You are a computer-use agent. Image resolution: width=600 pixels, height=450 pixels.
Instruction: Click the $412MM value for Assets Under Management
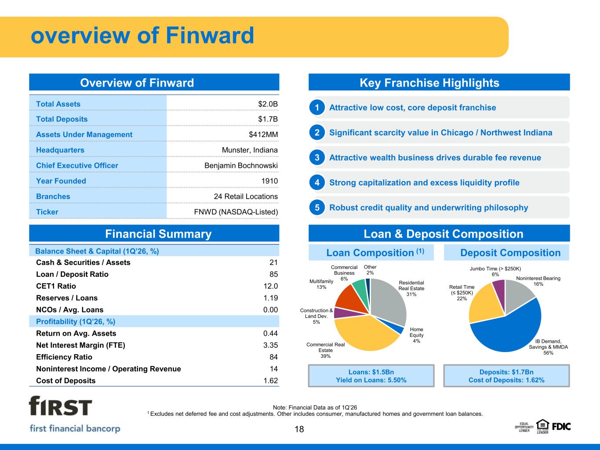(x=263, y=134)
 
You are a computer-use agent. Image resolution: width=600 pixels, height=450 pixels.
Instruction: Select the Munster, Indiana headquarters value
(x=250, y=150)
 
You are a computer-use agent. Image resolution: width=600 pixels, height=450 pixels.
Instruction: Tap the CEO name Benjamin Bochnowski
(x=241, y=166)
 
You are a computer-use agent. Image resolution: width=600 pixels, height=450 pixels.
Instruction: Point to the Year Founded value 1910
(x=269, y=181)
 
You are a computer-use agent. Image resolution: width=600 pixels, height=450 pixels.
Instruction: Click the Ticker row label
(x=47, y=212)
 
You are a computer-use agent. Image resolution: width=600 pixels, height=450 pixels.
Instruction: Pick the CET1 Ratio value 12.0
(x=270, y=286)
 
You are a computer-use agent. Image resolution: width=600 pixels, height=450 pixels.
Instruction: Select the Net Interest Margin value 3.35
(x=270, y=345)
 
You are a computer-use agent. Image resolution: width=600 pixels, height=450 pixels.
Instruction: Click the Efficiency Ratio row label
(x=64, y=357)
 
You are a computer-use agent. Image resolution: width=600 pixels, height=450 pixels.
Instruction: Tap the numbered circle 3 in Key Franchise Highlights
(x=317, y=157)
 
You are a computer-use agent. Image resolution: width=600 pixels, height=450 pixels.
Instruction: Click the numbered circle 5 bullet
(x=317, y=208)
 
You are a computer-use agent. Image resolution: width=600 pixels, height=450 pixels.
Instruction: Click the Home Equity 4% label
(x=416, y=335)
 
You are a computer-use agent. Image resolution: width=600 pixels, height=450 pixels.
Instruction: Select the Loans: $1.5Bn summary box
(x=371, y=376)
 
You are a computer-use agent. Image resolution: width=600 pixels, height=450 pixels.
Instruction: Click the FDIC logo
(x=561, y=427)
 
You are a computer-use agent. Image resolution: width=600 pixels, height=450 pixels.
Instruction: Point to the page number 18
(x=299, y=429)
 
